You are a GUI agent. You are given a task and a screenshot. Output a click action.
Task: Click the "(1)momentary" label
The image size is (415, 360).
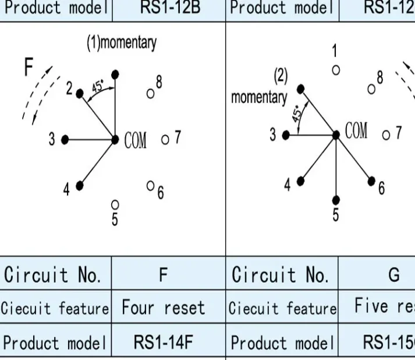[122, 43]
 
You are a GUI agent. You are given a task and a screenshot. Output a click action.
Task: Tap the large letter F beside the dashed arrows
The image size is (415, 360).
[29, 69]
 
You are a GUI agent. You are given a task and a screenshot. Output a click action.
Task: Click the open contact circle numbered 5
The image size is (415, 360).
[115, 204]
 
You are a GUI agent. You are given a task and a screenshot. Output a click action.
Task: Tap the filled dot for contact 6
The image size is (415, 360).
[371, 180]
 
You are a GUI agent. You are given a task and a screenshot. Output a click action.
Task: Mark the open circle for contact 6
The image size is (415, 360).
[150, 185]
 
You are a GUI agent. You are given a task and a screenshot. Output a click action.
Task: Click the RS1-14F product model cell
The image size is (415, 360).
[164, 343]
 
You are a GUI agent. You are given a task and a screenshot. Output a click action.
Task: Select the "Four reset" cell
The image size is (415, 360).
[164, 308]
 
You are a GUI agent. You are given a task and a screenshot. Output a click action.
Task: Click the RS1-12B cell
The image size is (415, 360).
[164, 8]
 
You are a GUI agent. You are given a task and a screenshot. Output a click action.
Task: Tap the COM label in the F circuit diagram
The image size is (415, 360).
[136, 140]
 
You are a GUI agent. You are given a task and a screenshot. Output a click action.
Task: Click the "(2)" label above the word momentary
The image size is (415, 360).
[281, 75]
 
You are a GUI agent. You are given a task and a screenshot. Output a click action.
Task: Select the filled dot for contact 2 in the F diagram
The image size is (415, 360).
[80, 91]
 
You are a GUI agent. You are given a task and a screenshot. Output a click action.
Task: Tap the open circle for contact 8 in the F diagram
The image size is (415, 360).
[150, 92]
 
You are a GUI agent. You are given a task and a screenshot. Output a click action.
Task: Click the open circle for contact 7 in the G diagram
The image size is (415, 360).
[386, 135]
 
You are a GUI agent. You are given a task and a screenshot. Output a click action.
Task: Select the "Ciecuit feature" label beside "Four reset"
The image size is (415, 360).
[55, 308]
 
